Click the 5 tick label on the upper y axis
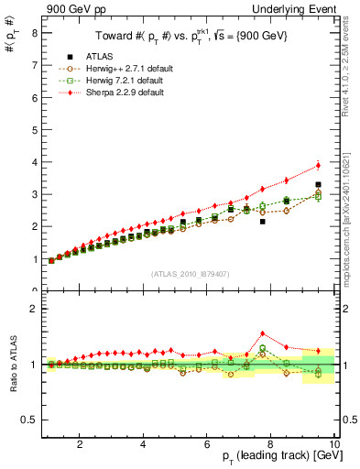(34, 129)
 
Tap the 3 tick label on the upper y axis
(34, 194)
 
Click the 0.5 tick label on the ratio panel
(30, 420)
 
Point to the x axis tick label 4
(143, 445)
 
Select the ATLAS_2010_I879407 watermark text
(190, 274)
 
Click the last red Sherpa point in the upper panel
(318, 166)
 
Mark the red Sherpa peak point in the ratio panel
(263, 333)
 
